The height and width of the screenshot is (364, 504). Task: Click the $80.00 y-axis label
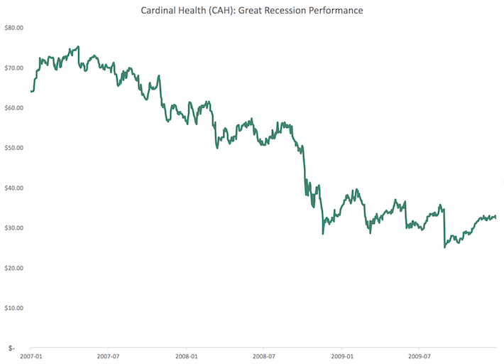tap(14, 28)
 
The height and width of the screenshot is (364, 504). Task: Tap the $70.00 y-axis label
tap(14, 68)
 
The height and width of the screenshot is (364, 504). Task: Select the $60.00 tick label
tap(14, 108)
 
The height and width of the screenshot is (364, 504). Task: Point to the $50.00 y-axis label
tap(14, 148)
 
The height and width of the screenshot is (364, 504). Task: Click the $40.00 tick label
tap(14, 188)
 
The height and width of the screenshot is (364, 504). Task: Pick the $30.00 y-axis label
tap(14, 228)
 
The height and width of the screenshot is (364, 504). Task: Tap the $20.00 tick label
tap(14, 268)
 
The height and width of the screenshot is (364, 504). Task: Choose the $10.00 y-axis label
tap(14, 308)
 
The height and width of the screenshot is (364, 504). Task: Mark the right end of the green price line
tap(495, 217)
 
